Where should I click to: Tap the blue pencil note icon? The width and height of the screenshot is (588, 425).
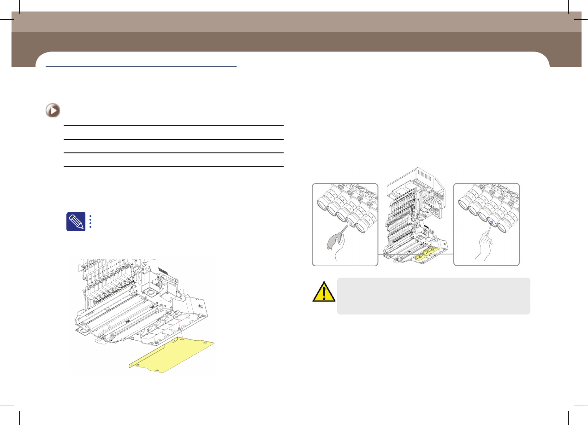tap(76, 221)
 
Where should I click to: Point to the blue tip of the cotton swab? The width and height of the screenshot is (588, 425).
tap(493, 223)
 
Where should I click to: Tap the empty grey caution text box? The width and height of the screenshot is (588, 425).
tap(434, 296)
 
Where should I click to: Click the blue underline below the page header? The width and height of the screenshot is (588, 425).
tap(141, 66)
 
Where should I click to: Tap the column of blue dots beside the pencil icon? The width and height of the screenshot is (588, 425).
tap(90, 221)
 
